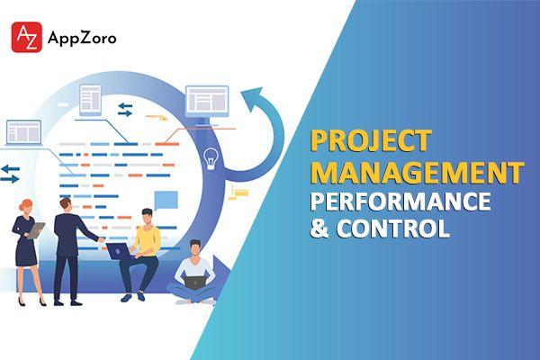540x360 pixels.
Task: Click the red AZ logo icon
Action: point(26,37)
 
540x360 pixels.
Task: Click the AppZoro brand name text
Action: point(82,38)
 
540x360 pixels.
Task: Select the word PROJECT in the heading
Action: point(371,141)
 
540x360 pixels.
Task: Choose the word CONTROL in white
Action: point(393,228)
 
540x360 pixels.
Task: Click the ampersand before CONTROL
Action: point(319,228)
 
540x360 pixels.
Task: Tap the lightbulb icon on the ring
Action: point(211,158)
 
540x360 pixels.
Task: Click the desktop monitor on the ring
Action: point(207,104)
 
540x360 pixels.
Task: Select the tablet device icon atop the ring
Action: point(90,100)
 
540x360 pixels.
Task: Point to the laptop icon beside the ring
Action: point(23,133)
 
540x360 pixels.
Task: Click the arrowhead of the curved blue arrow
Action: point(254,97)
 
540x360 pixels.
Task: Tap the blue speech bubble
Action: point(166,201)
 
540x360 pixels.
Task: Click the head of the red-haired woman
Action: point(27,207)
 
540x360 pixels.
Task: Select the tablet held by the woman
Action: point(36,230)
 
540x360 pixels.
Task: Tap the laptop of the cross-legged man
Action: point(194,283)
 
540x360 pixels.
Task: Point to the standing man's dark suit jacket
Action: point(69,234)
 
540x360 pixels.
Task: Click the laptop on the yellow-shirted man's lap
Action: point(119,251)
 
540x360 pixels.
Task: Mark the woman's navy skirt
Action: point(26,253)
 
